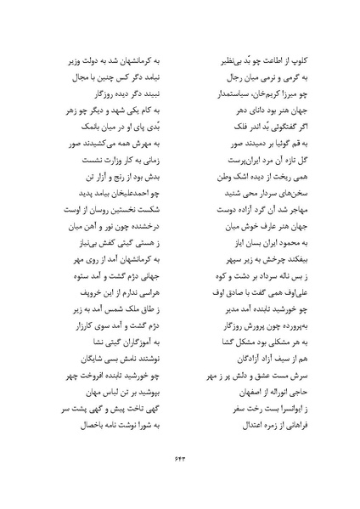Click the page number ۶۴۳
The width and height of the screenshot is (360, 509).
(179, 481)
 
